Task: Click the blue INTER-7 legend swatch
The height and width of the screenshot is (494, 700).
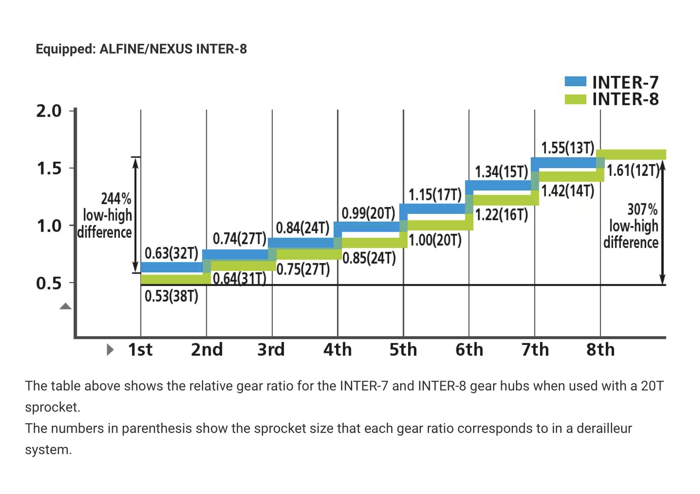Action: coord(575,81)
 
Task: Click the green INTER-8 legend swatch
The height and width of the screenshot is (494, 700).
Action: coord(575,99)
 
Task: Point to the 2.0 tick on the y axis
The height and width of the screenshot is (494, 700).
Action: coord(49,111)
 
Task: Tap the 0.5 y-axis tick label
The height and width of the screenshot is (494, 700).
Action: coord(49,283)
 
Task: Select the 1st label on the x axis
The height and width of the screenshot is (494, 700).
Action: coord(140,350)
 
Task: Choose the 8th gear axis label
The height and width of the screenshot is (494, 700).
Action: coord(600,350)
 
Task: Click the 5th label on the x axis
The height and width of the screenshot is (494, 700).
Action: coord(403,350)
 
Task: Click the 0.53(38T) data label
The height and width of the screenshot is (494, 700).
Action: coord(171,296)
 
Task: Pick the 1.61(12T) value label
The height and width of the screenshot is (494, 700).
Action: coord(633,170)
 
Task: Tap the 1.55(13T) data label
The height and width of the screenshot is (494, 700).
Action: coord(568,148)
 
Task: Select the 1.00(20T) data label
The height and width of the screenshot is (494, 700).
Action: coord(435,240)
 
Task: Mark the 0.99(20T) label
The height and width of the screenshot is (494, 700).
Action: coord(368,213)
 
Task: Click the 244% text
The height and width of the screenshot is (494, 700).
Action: coord(116,198)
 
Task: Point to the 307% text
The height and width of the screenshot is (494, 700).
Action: coord(642,209)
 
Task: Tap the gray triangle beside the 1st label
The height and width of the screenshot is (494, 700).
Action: coord(110,350)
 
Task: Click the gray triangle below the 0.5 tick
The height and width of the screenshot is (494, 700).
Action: coord(65,306)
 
